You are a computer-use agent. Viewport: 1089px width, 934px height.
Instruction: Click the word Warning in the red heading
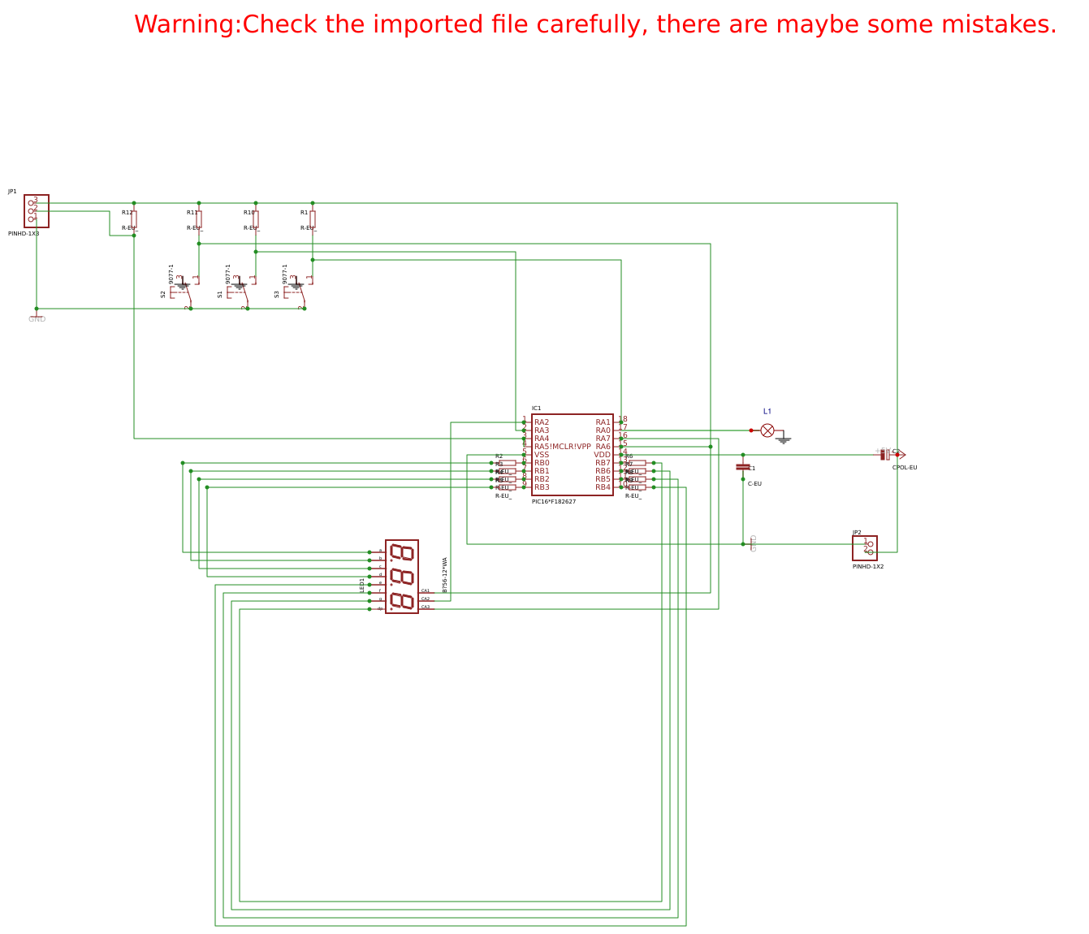coord(187,24)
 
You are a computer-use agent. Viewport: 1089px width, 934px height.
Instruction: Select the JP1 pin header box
coord(37,211)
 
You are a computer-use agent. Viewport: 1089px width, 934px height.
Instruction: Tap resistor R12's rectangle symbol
coord(134,219)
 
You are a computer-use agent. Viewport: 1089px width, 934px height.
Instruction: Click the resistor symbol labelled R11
coord(199,219)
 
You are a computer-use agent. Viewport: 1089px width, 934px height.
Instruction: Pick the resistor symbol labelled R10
coord(256,219)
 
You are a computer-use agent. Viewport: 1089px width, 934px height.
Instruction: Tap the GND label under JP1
coord(37,319)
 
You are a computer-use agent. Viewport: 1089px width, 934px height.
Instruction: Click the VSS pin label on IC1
coord(542,455)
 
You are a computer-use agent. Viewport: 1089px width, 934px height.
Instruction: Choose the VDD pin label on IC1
coord(602,455)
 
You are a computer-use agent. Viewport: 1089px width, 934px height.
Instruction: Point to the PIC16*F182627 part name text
coord(554,502)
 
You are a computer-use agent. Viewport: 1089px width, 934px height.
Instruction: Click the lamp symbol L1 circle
coord(767,430)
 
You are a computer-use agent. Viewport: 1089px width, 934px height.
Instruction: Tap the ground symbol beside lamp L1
coord(784,440)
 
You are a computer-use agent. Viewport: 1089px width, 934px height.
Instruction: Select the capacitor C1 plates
coord(742,467)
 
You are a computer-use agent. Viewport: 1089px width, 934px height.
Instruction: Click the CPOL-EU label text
coord(905,468)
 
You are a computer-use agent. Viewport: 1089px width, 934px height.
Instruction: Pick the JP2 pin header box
coord(865,548)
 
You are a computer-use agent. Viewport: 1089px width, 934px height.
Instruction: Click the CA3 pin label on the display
coord(426,607)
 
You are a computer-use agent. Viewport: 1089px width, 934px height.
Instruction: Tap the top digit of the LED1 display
coord(402,553)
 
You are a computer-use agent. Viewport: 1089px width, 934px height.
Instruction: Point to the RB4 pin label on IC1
coord(603,487)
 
